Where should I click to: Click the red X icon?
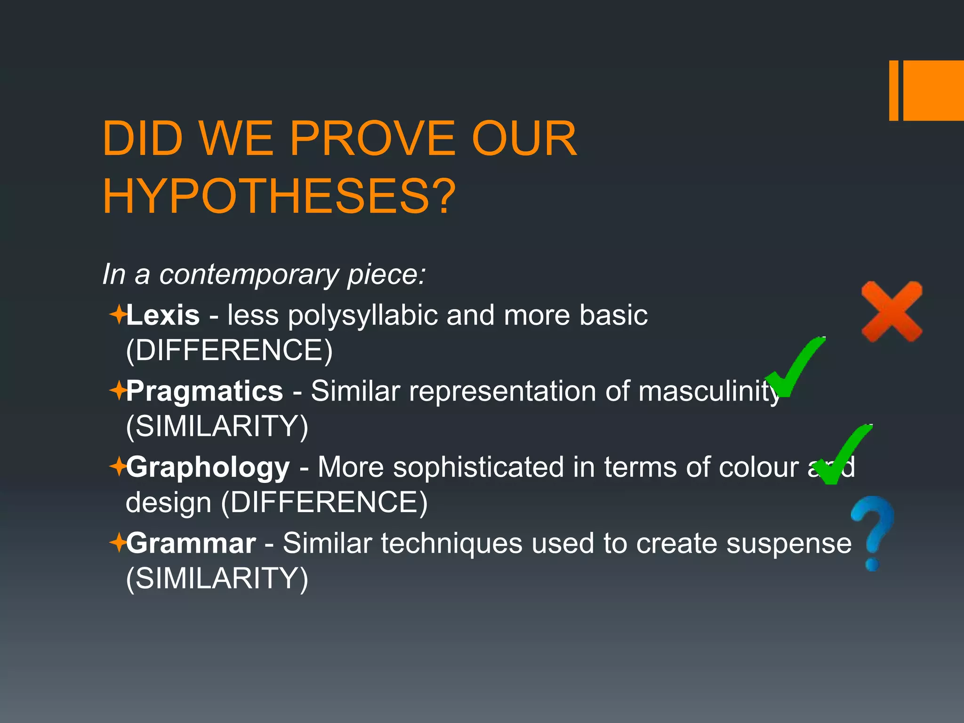tap(892, 312)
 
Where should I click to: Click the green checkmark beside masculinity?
tap(795, 368)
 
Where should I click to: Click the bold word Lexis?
tap(163, 315)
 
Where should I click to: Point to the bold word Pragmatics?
tap(204, 391)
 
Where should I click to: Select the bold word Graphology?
tap(208, 467)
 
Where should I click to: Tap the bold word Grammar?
tap(191, 543)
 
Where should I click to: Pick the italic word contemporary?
tap(249, 274)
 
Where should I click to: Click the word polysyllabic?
tap(362, 316)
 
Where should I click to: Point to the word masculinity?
tap(709, 392)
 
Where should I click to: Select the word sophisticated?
tap(479, 467)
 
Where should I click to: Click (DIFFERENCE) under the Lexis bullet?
tap(229, 350)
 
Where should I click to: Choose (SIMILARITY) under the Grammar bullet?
tap(217, 578)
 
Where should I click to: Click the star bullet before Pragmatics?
tap(117, 390)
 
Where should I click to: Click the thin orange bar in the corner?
tap(893, 90)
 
